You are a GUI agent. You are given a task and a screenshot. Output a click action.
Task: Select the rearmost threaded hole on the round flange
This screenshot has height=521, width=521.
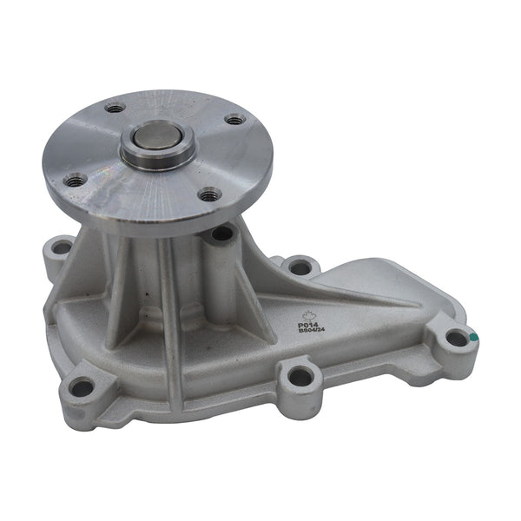click(115, 109)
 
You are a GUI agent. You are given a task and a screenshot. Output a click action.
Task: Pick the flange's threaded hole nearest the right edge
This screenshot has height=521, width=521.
click(234, 120)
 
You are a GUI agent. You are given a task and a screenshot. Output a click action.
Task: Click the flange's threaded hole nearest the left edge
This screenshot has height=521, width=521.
click(76, 180)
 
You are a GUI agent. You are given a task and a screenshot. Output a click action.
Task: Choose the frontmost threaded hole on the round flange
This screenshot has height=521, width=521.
click(209, 195)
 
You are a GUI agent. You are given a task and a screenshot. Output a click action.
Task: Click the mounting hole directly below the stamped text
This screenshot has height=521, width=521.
click(299, 377)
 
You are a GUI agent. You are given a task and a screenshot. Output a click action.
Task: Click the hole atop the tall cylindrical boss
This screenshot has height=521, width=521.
click(221, 233)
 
